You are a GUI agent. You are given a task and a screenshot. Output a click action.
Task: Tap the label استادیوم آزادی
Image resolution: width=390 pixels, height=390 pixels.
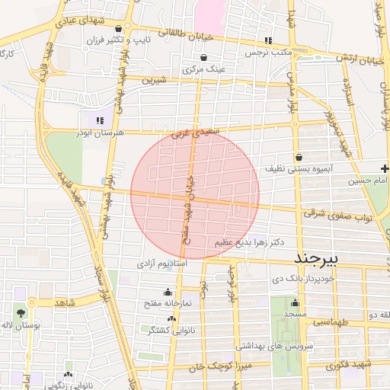point(161,264)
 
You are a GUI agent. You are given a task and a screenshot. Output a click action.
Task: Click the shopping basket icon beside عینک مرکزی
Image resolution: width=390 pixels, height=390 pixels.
point(203,58)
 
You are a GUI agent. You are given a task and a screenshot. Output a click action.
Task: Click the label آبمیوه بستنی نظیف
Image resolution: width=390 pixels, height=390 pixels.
point(296,168)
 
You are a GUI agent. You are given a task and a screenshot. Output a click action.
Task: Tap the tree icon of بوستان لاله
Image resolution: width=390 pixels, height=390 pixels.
point(20,313)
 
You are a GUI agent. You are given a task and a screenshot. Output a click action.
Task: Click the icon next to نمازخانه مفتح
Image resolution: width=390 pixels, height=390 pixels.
point(168,292)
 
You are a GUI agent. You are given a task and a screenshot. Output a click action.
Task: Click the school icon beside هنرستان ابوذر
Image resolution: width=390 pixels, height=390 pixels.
point(99,120)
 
